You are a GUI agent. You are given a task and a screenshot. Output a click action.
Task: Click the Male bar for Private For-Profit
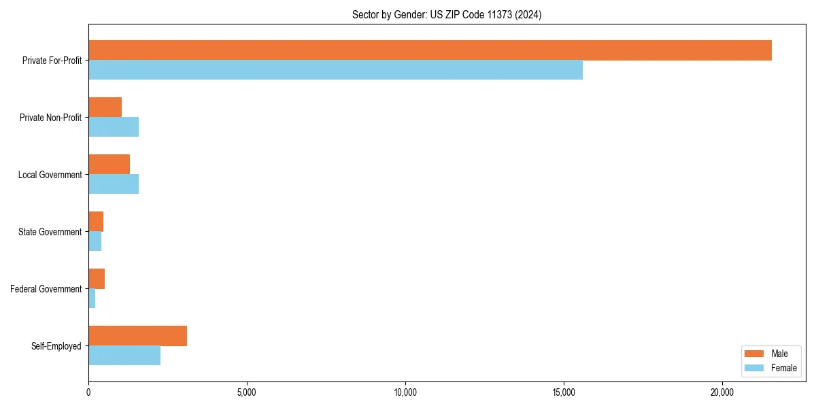click(430, 50)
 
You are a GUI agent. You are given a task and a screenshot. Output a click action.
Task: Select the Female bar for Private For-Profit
click(335, 70)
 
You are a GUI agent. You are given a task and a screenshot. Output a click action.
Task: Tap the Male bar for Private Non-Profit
click(105, 107)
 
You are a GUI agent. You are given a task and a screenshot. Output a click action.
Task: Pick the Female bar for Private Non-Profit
click(114, 127)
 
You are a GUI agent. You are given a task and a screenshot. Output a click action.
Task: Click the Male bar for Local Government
click(109, 165)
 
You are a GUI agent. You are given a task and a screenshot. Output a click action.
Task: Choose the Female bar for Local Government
click(114, 184)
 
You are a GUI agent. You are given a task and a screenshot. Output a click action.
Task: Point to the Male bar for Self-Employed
click(137, 336)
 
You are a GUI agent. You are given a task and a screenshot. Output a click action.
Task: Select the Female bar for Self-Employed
click(124, 356)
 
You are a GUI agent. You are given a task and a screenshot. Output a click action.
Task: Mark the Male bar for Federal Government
click(97, 279)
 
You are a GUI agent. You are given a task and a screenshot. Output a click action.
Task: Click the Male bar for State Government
click(96, 222)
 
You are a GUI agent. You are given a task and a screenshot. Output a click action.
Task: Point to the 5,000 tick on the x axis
click(247, 392)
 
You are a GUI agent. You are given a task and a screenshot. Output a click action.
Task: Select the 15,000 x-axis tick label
click(564, 392)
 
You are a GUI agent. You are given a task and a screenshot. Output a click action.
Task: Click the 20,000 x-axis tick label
click(722, 392)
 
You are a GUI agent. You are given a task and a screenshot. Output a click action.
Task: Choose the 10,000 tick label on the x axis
click(405, 392)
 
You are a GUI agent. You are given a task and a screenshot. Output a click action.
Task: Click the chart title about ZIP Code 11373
click(447, 15)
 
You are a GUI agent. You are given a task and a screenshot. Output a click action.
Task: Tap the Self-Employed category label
click(56, 346)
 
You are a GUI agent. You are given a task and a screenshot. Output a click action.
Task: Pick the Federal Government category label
click(46, 289)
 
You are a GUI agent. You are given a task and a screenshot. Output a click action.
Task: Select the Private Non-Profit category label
click(50, 118)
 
